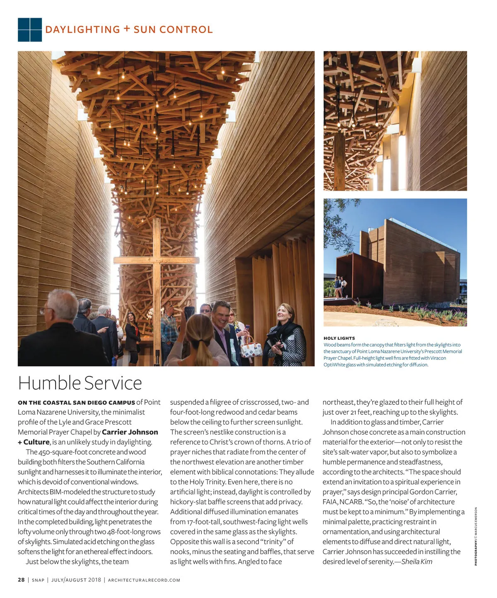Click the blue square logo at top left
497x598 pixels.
(x=30, y=30)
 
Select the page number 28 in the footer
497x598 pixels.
(x=21, y=580)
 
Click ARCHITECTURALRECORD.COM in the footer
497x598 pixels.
(x=144, y=580)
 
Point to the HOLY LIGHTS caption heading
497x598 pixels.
(x=339, y=338)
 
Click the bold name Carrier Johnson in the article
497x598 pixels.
(x=130, y=432)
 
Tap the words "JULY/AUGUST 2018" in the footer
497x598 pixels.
(x=76, y=580)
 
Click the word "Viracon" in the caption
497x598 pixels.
(x=437, y=358)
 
